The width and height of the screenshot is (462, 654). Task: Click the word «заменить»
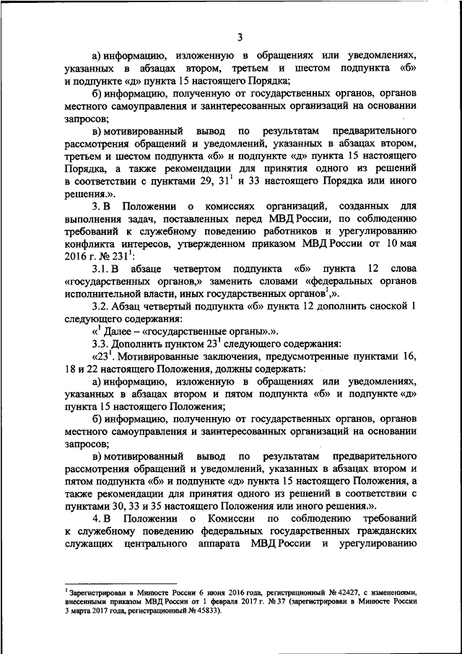[243, 283]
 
